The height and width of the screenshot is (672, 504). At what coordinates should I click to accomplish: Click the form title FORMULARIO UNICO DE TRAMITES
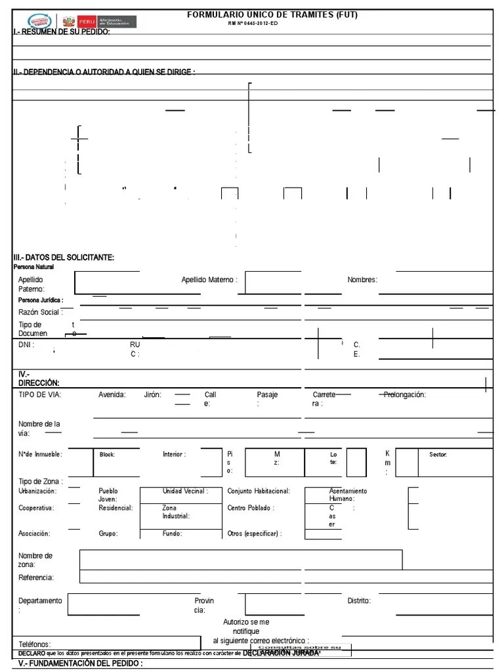[273, 14]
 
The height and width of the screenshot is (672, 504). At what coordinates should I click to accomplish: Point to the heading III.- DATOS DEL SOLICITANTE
[64, 257]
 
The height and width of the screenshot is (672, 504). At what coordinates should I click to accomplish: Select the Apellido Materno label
[209, 280]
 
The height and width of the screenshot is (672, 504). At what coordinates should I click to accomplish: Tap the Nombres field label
[362, 280]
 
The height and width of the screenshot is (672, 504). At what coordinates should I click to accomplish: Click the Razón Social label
[40, 312]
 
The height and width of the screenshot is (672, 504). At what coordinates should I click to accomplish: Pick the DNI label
[26, 345]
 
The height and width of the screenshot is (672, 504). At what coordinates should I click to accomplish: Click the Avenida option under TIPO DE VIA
[112, 395]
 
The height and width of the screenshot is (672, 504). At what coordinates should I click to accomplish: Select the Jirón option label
[153, 395]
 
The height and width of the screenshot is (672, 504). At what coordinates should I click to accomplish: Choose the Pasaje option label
[267, 395]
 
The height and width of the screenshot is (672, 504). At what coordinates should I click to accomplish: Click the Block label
[107, 454]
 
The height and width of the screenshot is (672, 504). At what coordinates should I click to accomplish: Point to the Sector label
[438, 454]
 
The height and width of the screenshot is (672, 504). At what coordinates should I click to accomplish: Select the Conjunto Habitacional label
[259, 491]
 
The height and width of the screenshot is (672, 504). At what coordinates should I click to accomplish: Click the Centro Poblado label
[251, 508]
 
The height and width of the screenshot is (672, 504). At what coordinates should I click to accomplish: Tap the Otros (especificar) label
[255, 534]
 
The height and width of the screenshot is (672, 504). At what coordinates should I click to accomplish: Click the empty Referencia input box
[282, 577]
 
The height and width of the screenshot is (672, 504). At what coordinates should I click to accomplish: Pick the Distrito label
[359, 600]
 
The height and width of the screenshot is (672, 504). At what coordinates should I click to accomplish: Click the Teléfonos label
[35, 644]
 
